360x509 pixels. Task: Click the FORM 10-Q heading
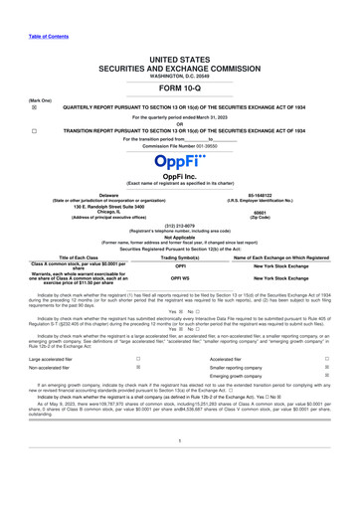pos(180,59)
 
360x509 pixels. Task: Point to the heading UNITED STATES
pos(180,32)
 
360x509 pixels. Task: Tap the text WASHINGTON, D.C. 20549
pos(180,48)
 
